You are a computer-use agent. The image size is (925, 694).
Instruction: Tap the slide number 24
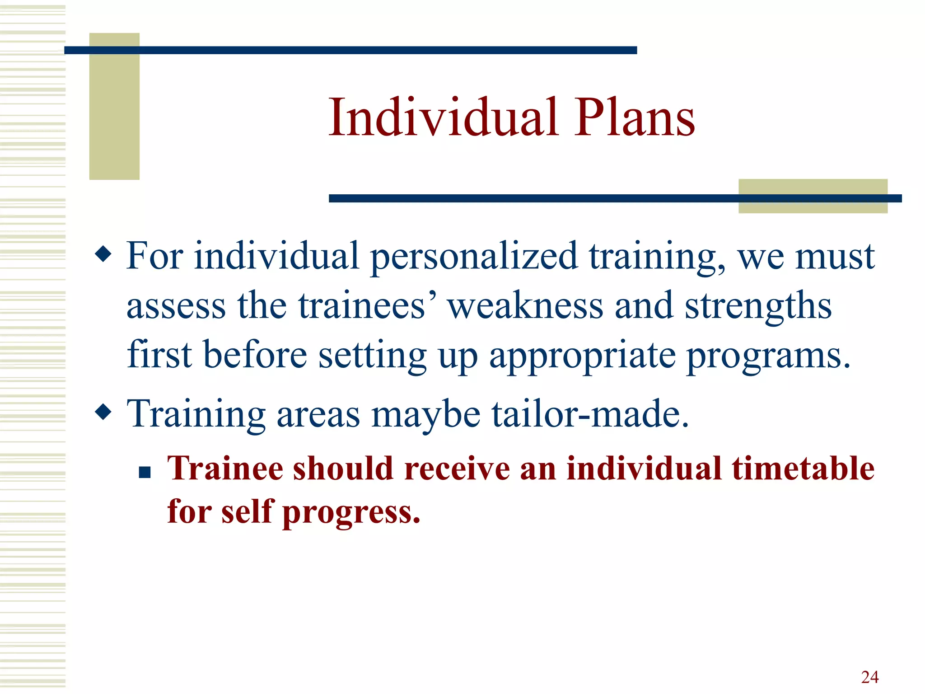pyautogui.click(x=869, y=677)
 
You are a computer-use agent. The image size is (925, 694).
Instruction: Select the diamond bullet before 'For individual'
pyautogui.click(x=103, y=253)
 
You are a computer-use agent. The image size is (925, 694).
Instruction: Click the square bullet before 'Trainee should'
pyautogui.click(x=145, y=473)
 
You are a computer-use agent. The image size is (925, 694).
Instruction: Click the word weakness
pyautogui.click(x=525, y=306)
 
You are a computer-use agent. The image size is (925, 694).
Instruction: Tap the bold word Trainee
pyautogui.click(x=225, y=468)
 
